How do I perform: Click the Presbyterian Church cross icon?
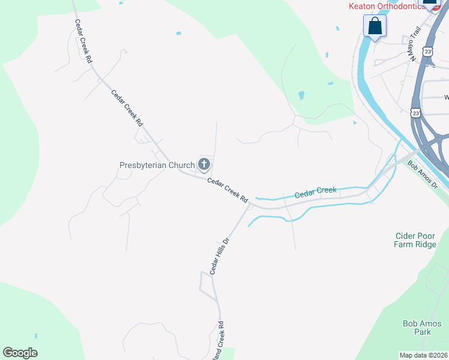[x=204, y=164]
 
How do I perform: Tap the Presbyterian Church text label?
[x=157, y=165]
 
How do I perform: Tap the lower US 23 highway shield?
[x=416, y=112]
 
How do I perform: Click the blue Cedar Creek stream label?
[x=315, y=193]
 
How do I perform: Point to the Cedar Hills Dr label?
[x=220, y=256]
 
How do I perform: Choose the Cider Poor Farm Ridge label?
[x=414, y=240]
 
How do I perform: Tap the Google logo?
[x=20, y=353]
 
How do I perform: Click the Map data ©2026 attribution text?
[x=423, y=355]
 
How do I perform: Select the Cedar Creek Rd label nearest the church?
[x=228, y=190]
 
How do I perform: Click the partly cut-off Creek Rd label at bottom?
[x=221, y=340]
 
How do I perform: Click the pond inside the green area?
[x=301, y=95]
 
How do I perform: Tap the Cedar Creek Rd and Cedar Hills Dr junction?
[x=249, y=205]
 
